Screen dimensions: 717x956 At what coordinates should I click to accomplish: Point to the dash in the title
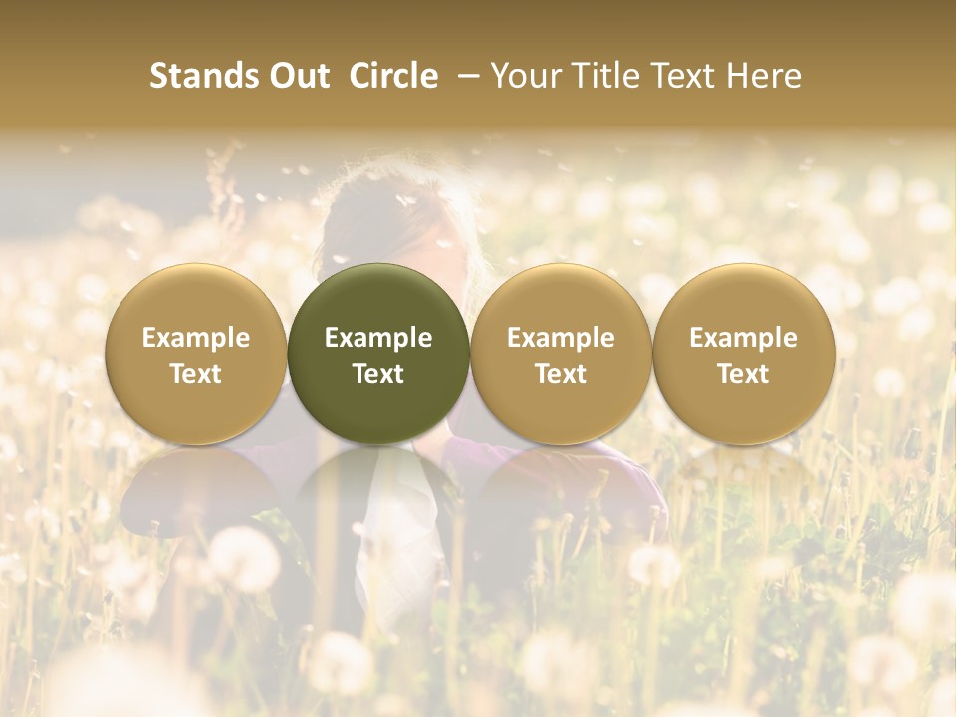tap(465, 76)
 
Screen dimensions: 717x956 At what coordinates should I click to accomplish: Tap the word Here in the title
tap(764, 76)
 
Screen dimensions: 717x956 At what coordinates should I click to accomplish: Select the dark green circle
tap(378, 355)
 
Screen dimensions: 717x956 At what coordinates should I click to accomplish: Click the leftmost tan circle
tap(196, 355)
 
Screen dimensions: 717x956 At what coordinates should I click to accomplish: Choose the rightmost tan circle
tap(743, 355)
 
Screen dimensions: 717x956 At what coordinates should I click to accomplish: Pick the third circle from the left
tap(561, 355)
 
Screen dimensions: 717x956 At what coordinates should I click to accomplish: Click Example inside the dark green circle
tap(378, 338)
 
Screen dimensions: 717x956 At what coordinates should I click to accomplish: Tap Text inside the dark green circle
tap(378, 374)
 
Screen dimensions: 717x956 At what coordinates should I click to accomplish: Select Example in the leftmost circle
tap(196, 338)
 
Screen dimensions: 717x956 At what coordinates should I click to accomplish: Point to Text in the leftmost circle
tap(196, 374)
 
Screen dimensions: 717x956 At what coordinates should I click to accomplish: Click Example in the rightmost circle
tap(743, 338)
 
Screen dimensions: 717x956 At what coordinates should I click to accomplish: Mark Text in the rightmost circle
tap(743, 374)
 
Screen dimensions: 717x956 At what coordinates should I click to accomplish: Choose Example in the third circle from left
tap(561, 338)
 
